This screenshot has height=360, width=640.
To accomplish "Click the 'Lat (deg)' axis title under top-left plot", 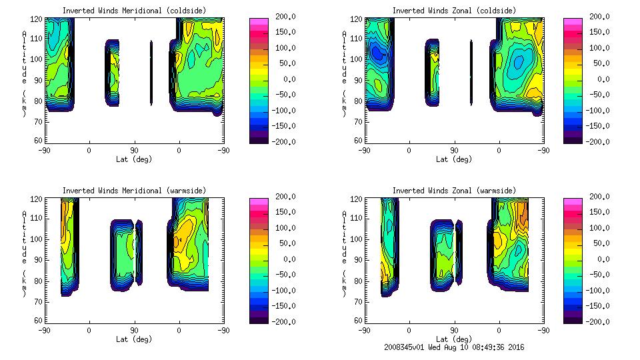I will point(133,159).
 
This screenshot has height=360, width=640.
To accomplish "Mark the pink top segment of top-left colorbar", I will point(259,22).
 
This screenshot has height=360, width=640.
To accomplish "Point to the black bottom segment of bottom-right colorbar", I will point(573,319).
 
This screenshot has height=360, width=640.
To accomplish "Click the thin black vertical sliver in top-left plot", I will point(151,73).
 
